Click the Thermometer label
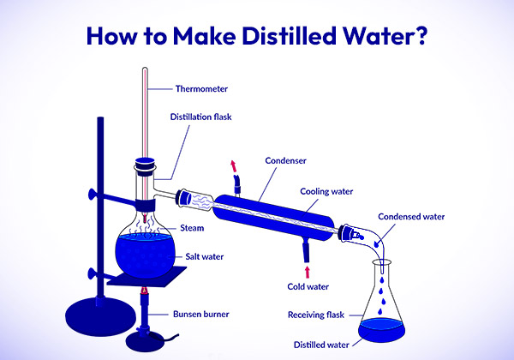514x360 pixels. (x=202, y=87)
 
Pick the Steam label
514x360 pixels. (x=192, y=227)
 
